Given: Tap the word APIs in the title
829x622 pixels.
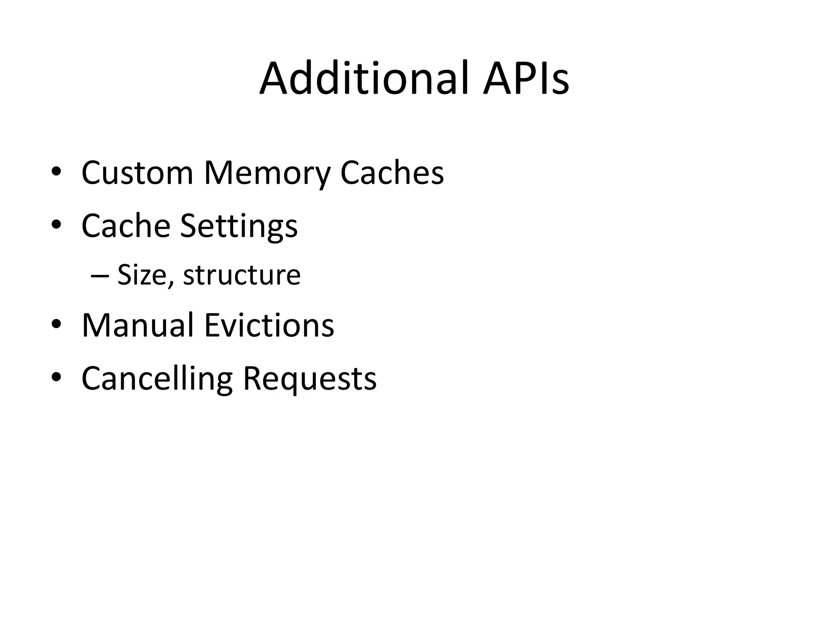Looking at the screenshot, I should pyautogui.click(x=526, y=78).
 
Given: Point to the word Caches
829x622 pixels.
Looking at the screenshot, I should pyautogui.click(x=392, y=173).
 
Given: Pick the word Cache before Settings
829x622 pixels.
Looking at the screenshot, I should pyautogui.click(x=126, y=225).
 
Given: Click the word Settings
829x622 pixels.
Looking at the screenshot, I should pyautogui.click(x=239, y=226).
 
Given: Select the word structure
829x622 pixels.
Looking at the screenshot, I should pyautogui.click(x=242, y=275).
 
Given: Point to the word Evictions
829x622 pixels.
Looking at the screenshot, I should pyautogui.click(x=269, y=325).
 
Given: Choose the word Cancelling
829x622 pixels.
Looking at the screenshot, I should pyautogui.click(x=157, y=379).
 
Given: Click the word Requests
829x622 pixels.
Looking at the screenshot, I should pyautogui.click(x=310, y=379).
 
